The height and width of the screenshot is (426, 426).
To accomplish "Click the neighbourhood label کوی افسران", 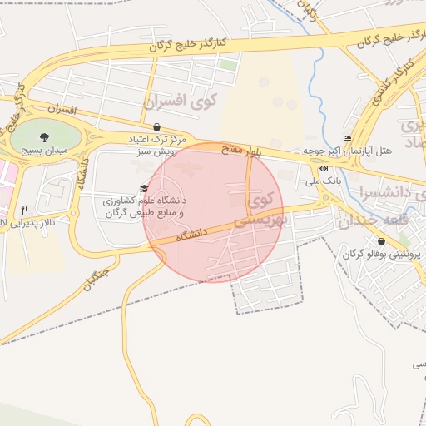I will pyautogui.click(x=179, y=102).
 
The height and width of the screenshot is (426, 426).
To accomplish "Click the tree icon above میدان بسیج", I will pyautogui.click(x=44, y=136).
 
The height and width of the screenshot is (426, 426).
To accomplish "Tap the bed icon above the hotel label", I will pyautogui.click(x=348, y=138).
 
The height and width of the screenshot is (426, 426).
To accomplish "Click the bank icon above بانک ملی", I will pyautogui.click(x=323, y=167).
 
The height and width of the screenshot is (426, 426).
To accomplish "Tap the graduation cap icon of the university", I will pyautogui.click(x=145, y=188).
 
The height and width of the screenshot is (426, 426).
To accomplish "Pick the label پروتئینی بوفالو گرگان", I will pyautogui.click(x=382, y=254).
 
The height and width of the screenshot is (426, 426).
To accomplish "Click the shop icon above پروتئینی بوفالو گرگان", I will pyautogui.click(x=381, y=241).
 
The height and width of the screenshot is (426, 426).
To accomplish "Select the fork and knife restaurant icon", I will pyautogui.click(x=24, y=210).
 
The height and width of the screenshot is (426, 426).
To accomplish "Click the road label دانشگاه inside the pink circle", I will pyautogui.click(x=191, y=236).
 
